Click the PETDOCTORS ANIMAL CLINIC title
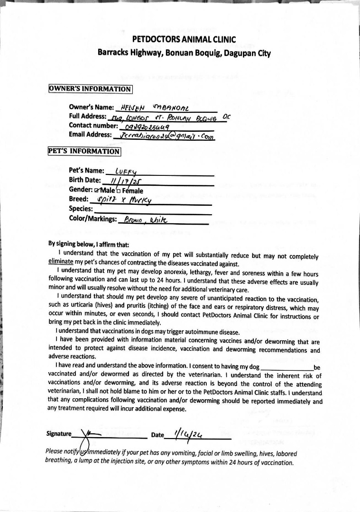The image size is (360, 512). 184,39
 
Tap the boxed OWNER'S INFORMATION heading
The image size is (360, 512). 90,89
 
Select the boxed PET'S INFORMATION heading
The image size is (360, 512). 84,151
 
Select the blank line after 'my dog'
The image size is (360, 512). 287,367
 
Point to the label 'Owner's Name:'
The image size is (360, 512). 92,107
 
